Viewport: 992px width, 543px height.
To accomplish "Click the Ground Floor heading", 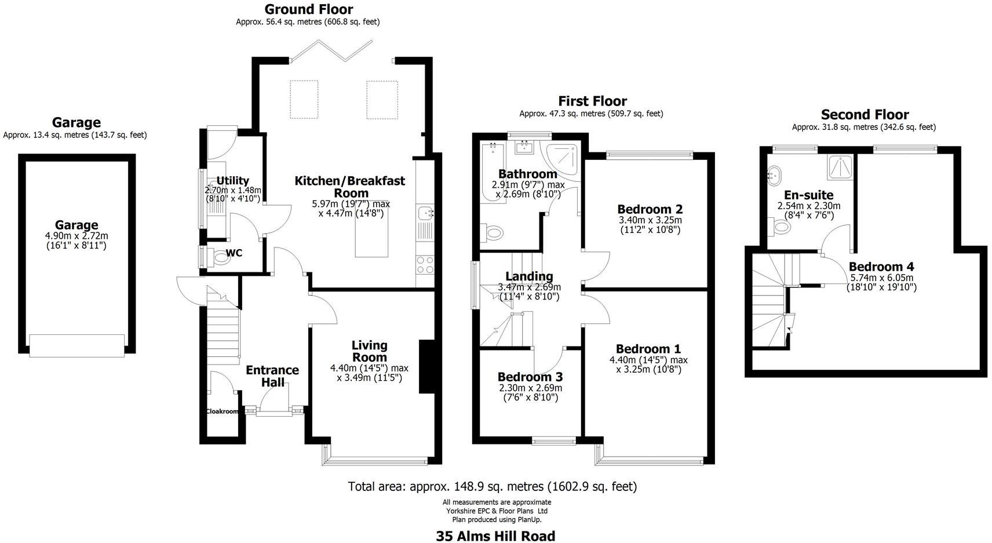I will point(308,9).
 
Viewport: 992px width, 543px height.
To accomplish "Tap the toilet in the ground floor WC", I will point(221,256).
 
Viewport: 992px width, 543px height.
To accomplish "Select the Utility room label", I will point(232,180).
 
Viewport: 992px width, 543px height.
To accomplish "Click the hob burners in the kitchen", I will point(425,264).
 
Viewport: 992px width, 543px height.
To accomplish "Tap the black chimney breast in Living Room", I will point(427,367).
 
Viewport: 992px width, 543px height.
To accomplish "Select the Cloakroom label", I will point(222,411).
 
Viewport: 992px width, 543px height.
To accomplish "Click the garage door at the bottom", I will point(77,346).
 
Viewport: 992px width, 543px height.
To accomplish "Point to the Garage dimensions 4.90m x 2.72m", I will point(76,236).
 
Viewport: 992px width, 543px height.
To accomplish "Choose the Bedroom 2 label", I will point(650,209).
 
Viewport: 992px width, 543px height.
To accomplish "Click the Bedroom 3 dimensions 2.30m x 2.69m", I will point(530,388).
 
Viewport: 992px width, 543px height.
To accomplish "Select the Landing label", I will point(529,276).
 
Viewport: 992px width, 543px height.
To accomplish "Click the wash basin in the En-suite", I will point(774,174).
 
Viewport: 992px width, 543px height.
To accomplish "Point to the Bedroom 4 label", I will point(881,267).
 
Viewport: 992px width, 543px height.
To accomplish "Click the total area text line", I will point(492,486).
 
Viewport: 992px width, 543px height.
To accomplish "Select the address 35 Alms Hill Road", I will point(495,536).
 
